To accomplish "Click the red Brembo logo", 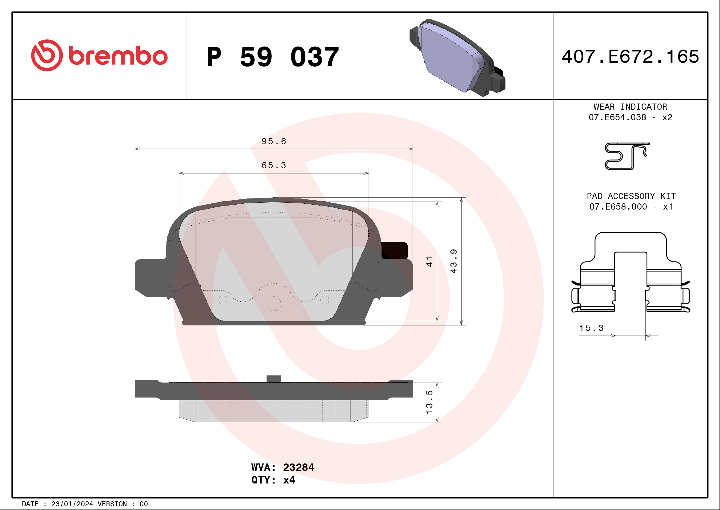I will click(99, 55).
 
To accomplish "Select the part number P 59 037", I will click(273, 57).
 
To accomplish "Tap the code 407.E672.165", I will click(630, 57).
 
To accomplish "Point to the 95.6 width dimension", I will click(274, 141).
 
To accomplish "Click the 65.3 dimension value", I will click(274, 165).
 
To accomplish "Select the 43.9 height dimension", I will click(454, 261).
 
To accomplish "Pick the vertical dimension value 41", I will click(429, 262).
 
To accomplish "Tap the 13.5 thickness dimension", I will click(429, 402).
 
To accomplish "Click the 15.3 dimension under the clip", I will click(591, 328).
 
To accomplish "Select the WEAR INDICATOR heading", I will click(630, 107).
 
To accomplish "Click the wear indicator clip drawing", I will click(626, 156).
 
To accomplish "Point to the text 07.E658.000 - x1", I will click(631, 207).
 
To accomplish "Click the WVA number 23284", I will click(298, 467).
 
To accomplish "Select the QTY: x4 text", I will click(273, 480).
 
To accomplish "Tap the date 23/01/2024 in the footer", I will click(72, 504).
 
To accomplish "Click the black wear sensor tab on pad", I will click(394, 251).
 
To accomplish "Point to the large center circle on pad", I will click(274, 304).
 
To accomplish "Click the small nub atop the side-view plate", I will click(274, 379).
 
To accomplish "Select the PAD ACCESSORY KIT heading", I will click(631, 196).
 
